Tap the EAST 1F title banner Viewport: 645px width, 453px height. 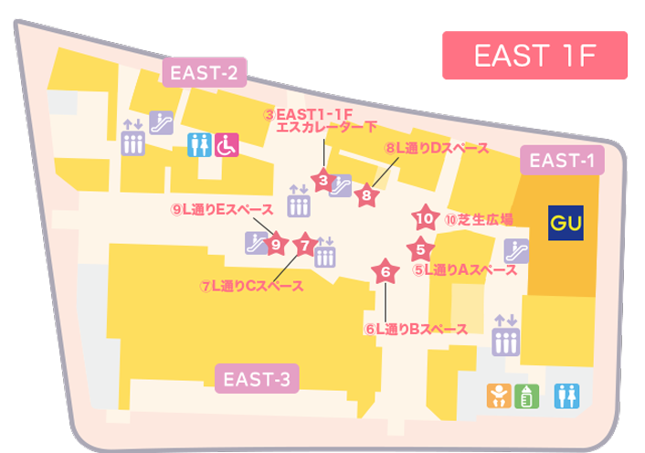[x=534, y=56]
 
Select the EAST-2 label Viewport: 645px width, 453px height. [x=206, y=74]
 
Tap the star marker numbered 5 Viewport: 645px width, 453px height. [x=419, y=248]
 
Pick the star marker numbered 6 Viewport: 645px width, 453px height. [x=386, y=271]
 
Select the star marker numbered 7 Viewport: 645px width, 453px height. [x=306, y=245]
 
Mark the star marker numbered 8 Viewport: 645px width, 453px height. [x=366, y=195]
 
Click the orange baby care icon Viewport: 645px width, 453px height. [x=498, y=395]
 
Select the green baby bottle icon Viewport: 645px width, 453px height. [x=524, y=395]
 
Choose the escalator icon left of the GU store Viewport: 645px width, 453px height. [x=513, y=248]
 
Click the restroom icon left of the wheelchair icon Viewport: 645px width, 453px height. [x=199, y=143]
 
